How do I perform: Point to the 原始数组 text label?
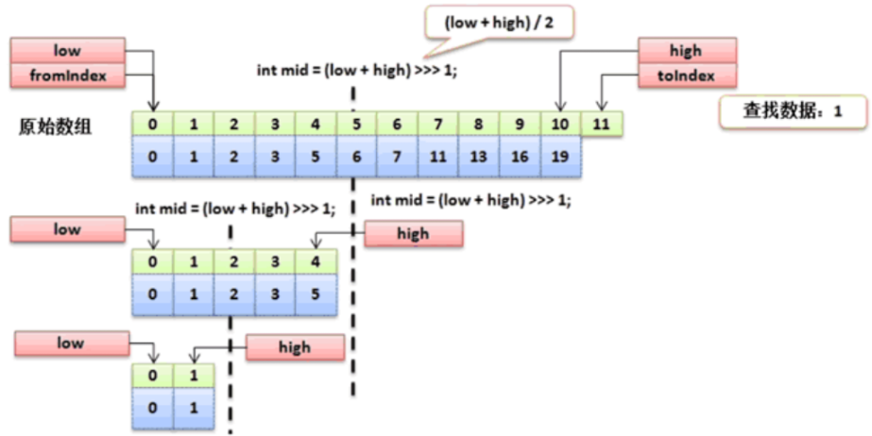(x=55, y=127)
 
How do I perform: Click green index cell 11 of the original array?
(x=601, y=123)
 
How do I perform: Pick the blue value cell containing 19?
(x=559, y=156)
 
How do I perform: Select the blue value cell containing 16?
(x=519, y=156)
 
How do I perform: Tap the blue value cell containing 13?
(x=478, y=156)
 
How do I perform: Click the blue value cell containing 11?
(x=437, y=156)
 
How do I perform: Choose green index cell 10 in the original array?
(x=559, y=123)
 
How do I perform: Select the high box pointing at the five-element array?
(x=413, y=233)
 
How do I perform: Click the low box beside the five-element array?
(x=66, y=229)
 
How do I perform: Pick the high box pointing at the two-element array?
(x=294, y=347)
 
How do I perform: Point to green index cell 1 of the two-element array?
(x=194, y=377)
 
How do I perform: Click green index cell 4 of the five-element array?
(x=316, y=261)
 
